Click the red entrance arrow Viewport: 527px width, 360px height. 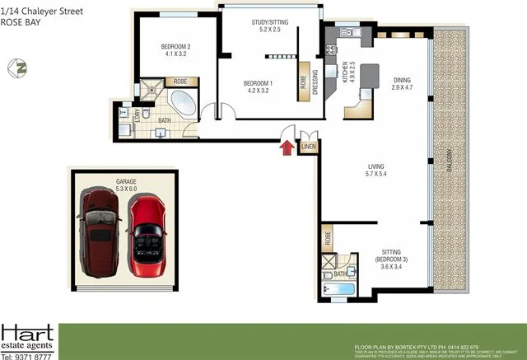[286, 147]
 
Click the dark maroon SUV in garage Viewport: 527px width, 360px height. [100, 230]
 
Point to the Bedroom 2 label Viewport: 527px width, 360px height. [177, 51]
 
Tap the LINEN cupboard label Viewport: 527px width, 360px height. [309, 147]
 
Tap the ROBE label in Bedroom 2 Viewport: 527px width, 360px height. [180, 82]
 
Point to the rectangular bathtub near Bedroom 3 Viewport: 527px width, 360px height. [337, 289]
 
